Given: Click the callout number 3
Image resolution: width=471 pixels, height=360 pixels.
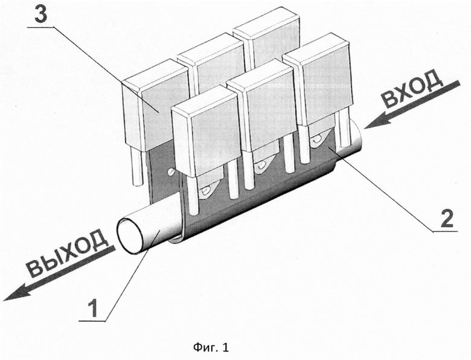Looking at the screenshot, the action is pos(41,13).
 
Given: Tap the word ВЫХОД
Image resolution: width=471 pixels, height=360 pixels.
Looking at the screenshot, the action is pos(67,253).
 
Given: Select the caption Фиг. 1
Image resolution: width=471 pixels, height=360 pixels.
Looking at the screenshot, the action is pos(211,347).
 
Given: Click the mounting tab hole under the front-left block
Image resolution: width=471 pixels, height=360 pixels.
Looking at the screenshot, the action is pos(205,190).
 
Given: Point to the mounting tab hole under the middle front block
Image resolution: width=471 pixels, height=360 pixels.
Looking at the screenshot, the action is pos(260,165).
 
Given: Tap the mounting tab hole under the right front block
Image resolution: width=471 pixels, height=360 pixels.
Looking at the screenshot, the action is pos(316,139).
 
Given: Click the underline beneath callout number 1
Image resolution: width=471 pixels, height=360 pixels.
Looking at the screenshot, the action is pos(92,321).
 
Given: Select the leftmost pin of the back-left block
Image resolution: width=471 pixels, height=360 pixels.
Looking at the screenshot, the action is pos(135,168).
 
